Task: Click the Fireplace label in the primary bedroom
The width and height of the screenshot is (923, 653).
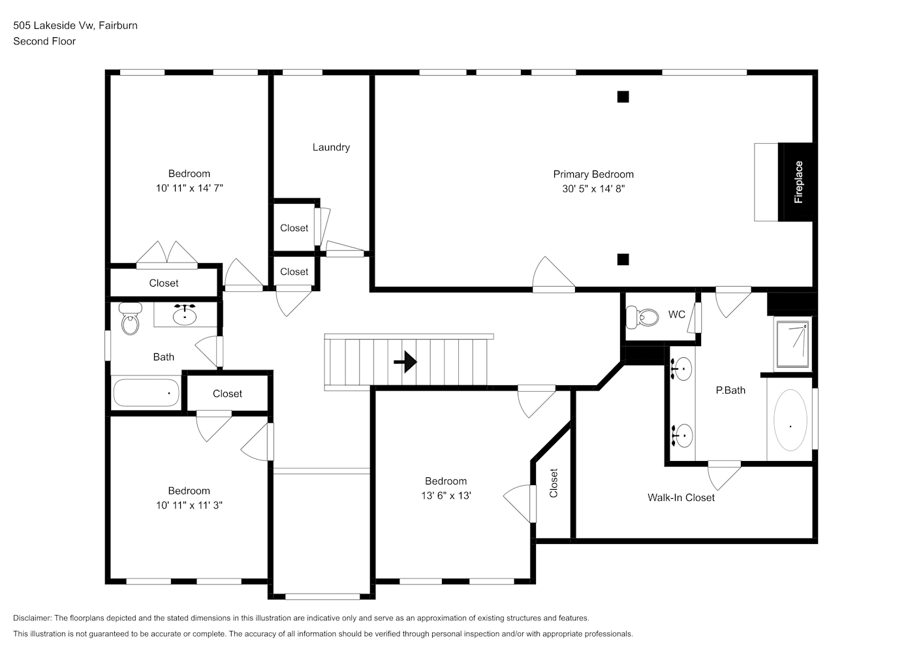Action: tap(798, 182)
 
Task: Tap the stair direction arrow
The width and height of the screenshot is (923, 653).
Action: tap(405, 362)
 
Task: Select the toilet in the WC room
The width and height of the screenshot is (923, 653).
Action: tap(642, 317)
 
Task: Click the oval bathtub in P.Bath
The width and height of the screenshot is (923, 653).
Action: tap(790, 420)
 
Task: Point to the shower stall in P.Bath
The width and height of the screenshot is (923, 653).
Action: tap(792, 345)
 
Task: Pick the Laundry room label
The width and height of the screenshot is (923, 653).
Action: tap(332, 147)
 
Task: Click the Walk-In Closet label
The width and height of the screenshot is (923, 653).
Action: tap(681, 498)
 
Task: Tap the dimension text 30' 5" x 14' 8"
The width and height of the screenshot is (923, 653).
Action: tap(593, 189)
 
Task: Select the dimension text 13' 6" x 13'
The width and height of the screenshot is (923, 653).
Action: tap(446, 496)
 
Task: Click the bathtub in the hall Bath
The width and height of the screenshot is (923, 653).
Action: tap(146, 393)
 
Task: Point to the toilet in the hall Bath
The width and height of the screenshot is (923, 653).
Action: tap(130, 318)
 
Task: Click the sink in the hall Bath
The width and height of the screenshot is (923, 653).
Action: tap(185, 314)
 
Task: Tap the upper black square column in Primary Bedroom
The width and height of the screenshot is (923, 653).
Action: tap(623, 97)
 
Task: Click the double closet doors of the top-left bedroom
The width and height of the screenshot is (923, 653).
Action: tap(167, 255)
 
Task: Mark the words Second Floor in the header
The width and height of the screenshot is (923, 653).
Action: tap(44, 41)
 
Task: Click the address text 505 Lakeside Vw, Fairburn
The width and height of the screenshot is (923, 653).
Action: tap(76, 25)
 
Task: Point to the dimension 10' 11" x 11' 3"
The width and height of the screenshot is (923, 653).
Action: tap(189, 505)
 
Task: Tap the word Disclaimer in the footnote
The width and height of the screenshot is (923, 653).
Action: tap(33, 618)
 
